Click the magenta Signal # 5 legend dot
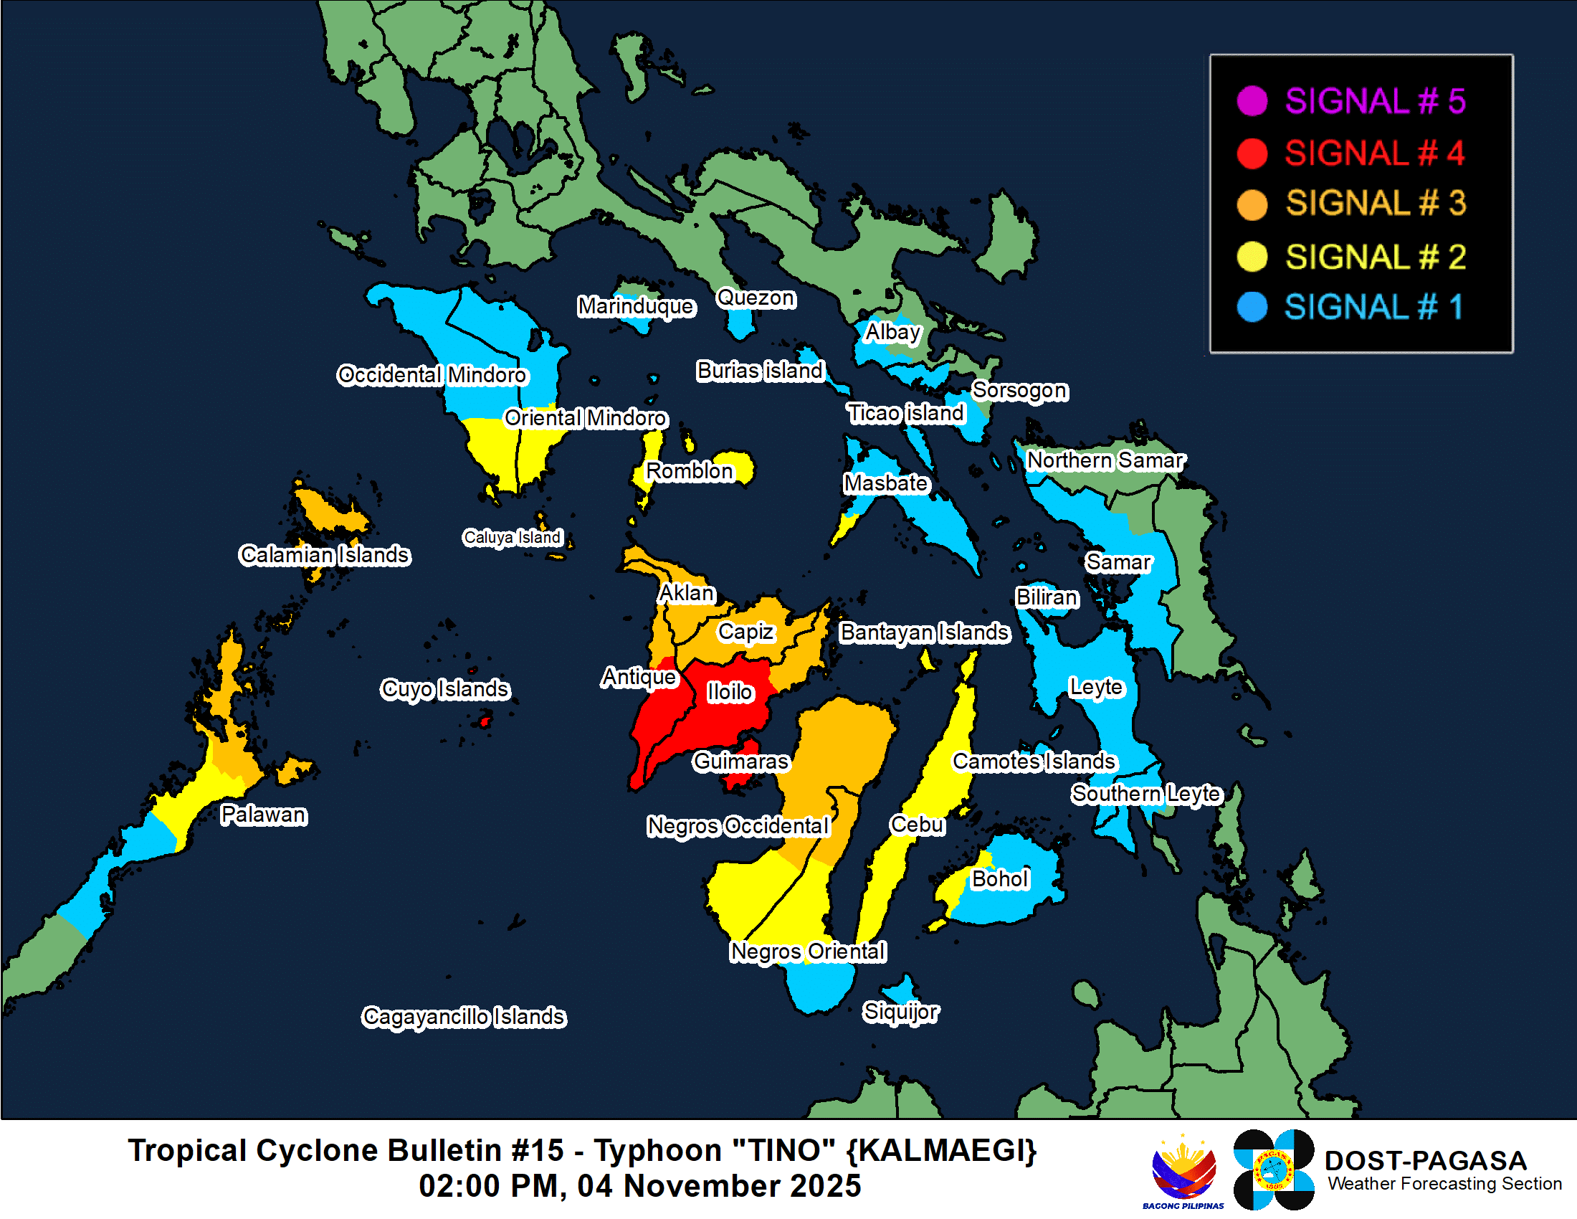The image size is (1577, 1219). [x=1252, y=100]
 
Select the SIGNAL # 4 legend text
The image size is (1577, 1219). [x=1374, y=153]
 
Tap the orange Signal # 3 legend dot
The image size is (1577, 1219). [x=1252, y=204]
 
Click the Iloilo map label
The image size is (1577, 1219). [x=729, y=692]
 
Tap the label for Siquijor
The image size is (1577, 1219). [x=900, y=1011]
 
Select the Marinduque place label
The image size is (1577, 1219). [x=635, y=306]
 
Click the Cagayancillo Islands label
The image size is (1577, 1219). [x=464, y=1016]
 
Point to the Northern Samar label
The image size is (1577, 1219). [x=1105, y=460]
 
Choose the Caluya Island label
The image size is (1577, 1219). [x=512, y=537]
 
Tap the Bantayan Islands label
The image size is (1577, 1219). [x=924, y=632]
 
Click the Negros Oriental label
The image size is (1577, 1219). [x=807, y=951]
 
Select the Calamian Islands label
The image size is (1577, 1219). [x=324, y=554]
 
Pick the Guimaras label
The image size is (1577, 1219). [x=740, y=761]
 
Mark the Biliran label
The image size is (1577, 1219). [x=1047, y=597]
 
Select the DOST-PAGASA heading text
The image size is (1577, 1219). [x=1424, y=1159]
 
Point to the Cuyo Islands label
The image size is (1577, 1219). [x=445, y=688]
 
